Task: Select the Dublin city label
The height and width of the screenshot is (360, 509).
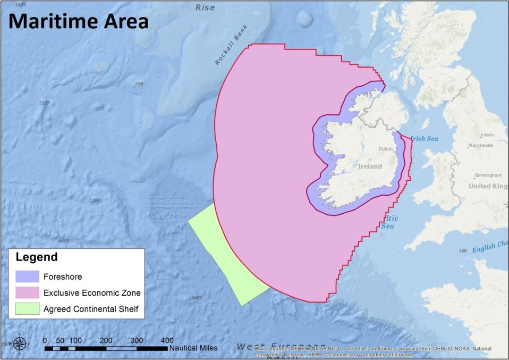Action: point(385,150)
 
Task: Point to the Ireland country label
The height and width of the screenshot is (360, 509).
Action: point(369,166)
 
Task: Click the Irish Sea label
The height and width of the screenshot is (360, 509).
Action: point(424,138)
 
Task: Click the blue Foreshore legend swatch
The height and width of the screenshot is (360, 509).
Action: point(27,277)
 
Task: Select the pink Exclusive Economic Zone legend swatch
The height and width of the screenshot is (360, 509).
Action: point(27,292)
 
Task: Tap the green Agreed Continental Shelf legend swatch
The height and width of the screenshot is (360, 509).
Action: point(27,308)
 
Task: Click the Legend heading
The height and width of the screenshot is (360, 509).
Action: point(37,257)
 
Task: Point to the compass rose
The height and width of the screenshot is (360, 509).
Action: point(20,344)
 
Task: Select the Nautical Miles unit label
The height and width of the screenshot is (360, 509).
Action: point(193,348)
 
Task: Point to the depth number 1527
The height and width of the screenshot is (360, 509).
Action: point(44,103)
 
